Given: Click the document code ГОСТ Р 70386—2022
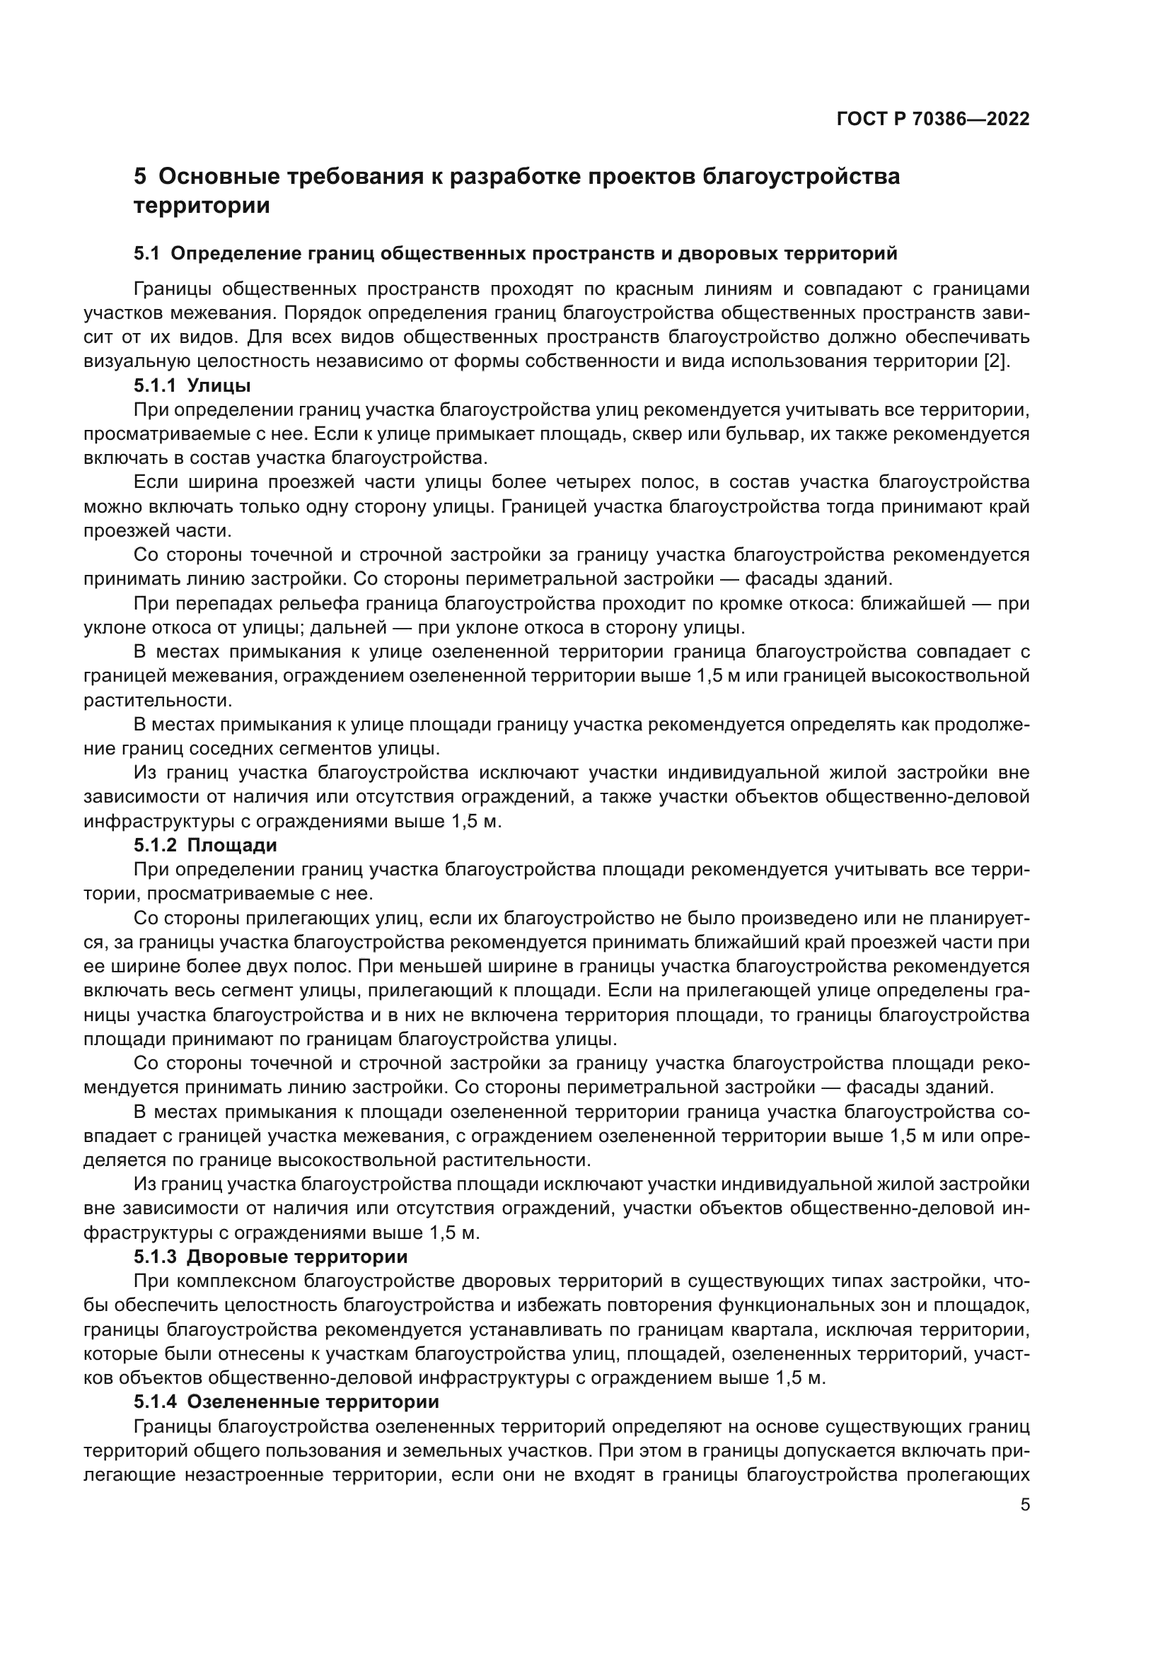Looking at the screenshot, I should coord(933,120).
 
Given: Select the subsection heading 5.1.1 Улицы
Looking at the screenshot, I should coord(192,385).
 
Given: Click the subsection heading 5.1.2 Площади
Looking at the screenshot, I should coord(205,845).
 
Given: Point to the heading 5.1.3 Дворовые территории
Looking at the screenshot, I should coord(271,1257).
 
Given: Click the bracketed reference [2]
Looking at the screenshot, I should coord(997,361).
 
